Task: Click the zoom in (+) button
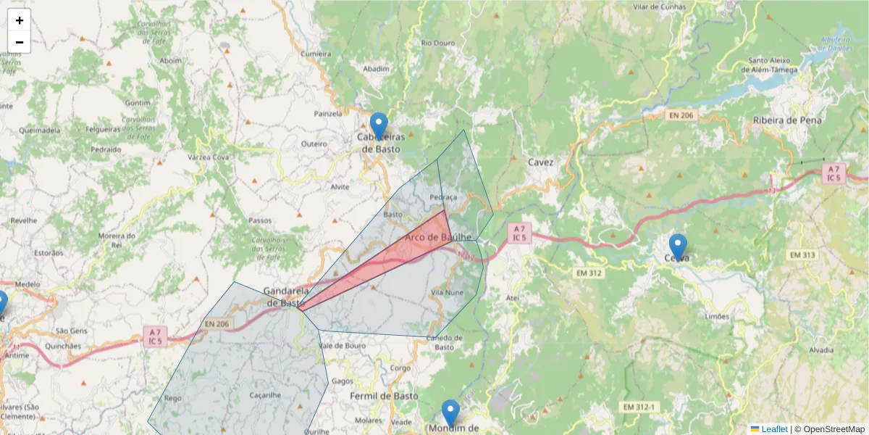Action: (20, 20)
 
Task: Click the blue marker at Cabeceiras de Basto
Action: (379, 125)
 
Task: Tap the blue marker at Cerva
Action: (678, 246)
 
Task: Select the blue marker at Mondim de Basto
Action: (450, 413)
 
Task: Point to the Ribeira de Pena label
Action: (787, 120)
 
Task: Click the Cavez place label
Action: (541, 162)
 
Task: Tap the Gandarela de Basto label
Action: (286, 297)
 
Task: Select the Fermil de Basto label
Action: (384, 396)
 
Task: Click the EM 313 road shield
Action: (802, 254)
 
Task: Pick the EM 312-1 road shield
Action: (637, 407)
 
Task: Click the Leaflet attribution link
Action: (773, 429)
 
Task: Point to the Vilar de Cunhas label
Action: (659, 7)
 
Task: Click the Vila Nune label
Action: (447, 292)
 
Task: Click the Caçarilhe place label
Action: (265, 395)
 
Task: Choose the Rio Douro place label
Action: (438, 43)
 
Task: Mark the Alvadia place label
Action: (821, 349)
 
